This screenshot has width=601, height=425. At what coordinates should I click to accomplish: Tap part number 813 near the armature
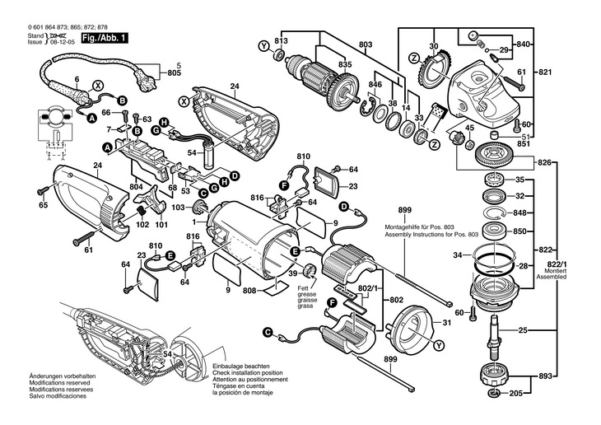(x=282, y=41)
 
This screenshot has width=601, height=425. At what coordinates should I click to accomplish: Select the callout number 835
(x=345, y=65)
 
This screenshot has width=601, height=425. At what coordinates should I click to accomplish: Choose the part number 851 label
(x=524, y=142)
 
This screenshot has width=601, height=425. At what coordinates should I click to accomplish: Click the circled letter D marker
(x=235, y=175)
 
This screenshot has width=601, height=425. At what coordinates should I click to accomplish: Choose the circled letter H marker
(x=165, y=123)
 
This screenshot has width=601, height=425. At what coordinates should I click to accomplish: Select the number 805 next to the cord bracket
(x=174, y=73)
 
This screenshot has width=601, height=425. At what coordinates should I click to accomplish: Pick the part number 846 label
(x=375, y=85)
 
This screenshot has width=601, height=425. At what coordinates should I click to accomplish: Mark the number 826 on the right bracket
(x=544, y=163)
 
